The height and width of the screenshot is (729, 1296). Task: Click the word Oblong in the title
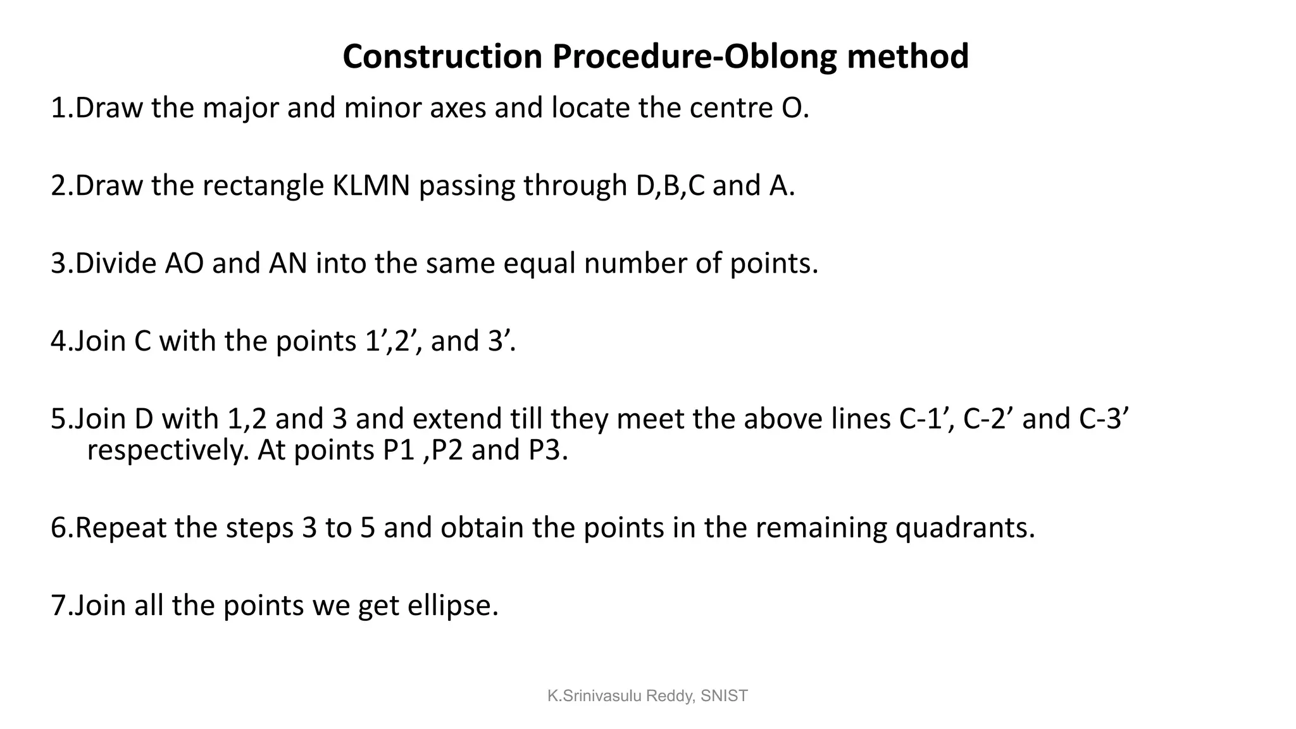781,56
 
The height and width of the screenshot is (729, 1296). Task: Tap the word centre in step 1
727,108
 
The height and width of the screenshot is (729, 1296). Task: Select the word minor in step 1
383,108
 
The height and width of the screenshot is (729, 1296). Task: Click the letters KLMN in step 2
371,186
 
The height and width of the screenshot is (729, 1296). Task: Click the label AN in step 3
288,263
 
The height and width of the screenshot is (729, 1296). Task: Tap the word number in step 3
635,263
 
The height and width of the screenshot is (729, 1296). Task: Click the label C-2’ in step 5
988,419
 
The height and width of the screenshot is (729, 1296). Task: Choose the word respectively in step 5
168,450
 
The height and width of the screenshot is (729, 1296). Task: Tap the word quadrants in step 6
964,528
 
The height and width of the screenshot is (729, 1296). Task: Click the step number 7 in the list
58,606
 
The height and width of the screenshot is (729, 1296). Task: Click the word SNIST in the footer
725,696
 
